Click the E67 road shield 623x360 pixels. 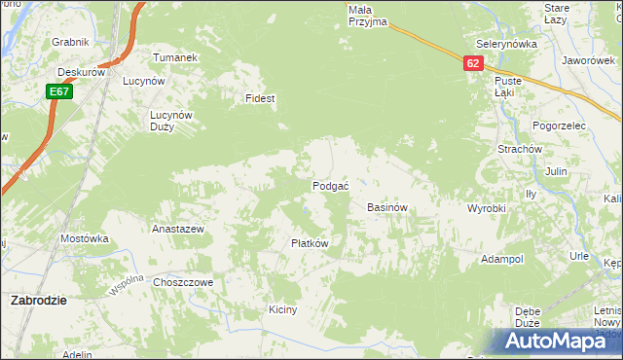58,91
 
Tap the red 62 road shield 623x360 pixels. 473,62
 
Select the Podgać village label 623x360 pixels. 331,186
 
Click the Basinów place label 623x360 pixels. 386,208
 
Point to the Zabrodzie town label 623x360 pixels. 38,301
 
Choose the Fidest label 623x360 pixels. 261,98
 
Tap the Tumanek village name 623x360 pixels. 175,57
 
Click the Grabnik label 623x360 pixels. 71,42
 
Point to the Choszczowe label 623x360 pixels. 183,282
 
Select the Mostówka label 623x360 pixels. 84,238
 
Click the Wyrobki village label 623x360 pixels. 487,209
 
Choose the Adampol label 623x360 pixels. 502,260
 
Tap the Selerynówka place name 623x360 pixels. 507,45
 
